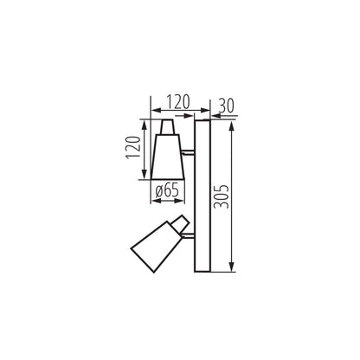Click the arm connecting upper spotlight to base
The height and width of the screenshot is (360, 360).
point(189,158)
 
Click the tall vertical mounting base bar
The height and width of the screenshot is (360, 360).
point(202,196)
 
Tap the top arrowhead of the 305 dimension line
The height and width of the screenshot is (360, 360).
point(232,124)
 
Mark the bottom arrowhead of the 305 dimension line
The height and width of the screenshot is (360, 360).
point(232,269)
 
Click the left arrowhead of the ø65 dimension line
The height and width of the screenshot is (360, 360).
point(154,200)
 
